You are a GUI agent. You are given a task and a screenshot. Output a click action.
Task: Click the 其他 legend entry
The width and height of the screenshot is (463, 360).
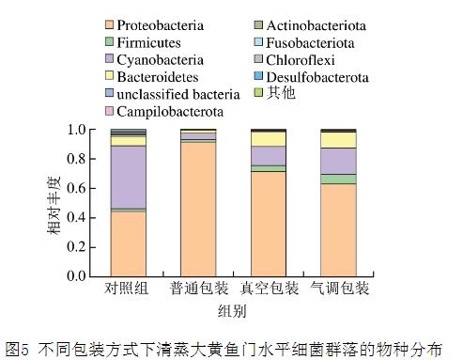tap(280, 94)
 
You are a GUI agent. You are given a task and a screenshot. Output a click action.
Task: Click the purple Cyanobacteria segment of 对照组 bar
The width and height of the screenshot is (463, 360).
tap(128, 177)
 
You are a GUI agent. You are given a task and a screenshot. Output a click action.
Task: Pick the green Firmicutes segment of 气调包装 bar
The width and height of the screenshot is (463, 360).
tap(338, 179)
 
